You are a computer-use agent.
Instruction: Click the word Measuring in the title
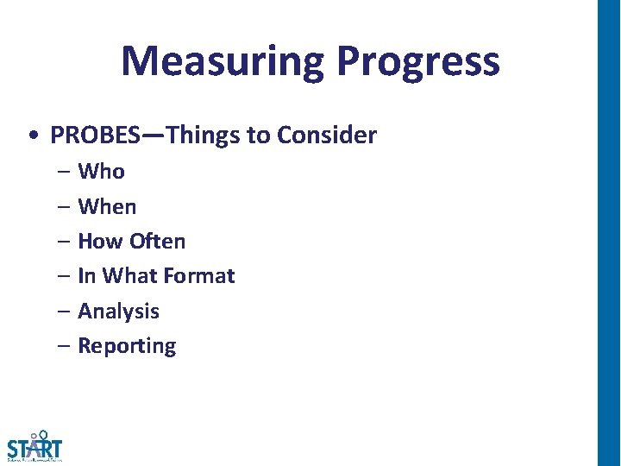pyautogui.click(x=223, y=62)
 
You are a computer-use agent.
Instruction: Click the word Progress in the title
pyautogui.click(x=417, y=62)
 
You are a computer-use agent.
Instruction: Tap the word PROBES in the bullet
pyautogui.click(x=97, y=135)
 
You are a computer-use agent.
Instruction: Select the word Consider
pyautogui.click(x=327, y=135)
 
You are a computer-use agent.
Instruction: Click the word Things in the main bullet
pyautogui.click(x=205, y=135)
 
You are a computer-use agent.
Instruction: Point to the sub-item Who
pyautogui.click(x=101, y=172)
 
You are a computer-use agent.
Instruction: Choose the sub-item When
pyautogui.click(x=107, y=206)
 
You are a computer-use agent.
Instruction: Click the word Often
pyautogui.click(x=158, y=241)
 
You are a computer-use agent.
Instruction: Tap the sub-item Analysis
pyautogui.click(x=118, y=311)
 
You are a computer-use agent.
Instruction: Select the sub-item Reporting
pyautogui.click(x=127, y=346)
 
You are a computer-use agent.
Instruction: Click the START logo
pyautogui.click(x=34, y=446)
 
